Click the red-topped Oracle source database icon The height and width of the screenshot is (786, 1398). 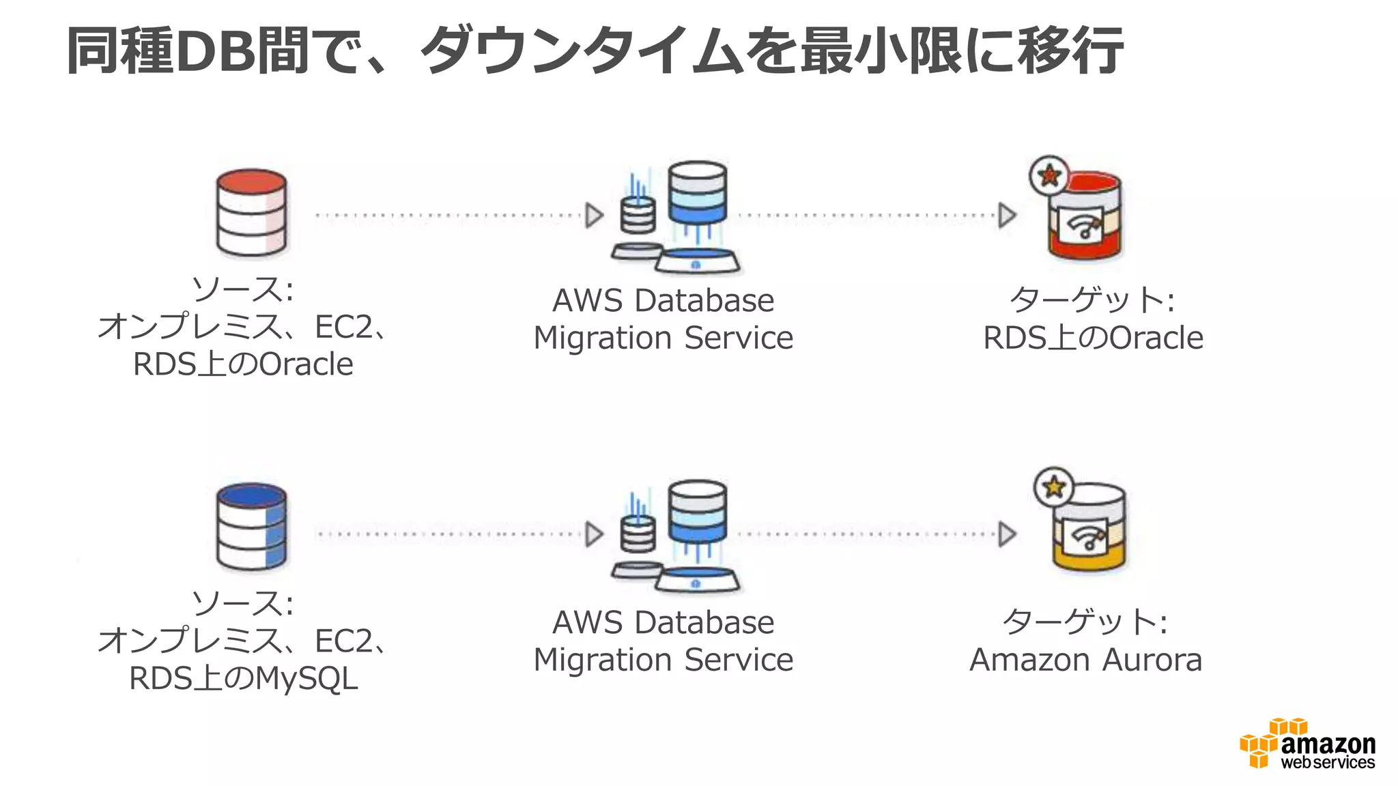(251, 213)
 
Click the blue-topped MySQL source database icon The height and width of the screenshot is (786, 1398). (251, 527)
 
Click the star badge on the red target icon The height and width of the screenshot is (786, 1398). (1049, 175)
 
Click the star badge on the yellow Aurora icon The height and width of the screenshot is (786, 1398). (1054, 486)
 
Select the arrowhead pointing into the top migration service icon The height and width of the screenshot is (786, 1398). (594, 216)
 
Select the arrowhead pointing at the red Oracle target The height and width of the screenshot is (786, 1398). (1007, 216)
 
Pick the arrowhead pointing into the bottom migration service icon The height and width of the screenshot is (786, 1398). (594, 534)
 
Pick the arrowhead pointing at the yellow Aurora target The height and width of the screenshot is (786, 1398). (1007, 534)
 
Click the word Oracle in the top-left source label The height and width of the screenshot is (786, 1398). (306, 364)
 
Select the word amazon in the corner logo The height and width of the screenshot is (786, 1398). (1328, 744)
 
